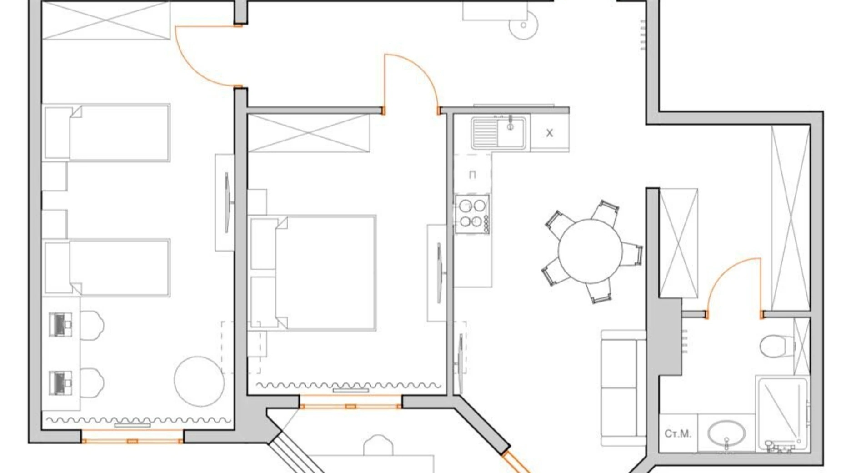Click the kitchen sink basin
click(x=499, y=133)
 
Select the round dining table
click(x=590, y=251)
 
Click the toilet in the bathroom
click(x=777, y=346)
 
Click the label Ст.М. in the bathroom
click(x=678, y=433)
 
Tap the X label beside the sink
click(x=550, y=133)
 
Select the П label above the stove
click(x=472, y=175)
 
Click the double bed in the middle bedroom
click(x=313, y=272)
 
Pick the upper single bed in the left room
click(x=107, y=133)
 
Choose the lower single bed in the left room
click(x=107, y=267)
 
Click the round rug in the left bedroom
click(x=199, y=381)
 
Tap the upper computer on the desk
click(x=60, y=324)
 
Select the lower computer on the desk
click(x=60, y=383)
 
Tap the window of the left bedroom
click(x=132, y=441)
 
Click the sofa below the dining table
click(x=624, y=387)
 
